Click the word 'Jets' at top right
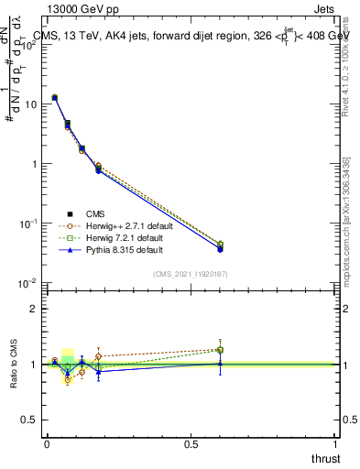point(325,8)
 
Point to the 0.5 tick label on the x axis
point(191,443)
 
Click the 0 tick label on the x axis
point(47,443)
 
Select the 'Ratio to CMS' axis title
point(12,365)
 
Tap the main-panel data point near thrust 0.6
point(220,247)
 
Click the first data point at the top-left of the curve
point(54,97)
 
